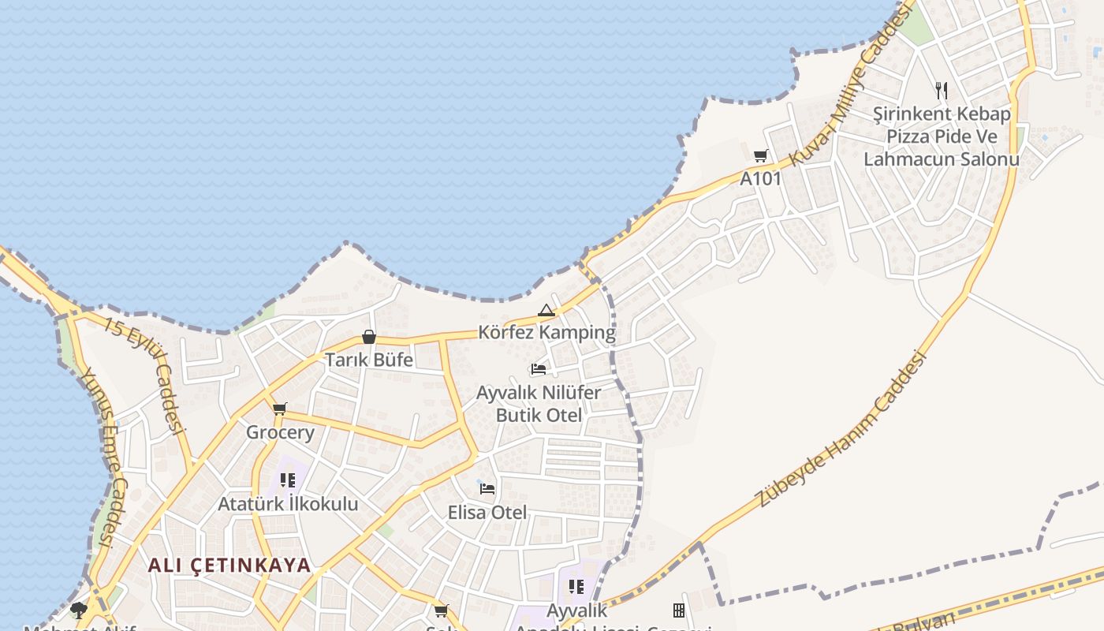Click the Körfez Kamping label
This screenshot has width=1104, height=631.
546,332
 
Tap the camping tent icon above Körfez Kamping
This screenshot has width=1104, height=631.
546,311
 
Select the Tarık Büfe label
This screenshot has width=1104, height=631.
369,360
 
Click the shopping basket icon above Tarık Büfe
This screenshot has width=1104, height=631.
368,337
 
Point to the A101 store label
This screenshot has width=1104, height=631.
760,179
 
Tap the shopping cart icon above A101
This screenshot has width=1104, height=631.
760,155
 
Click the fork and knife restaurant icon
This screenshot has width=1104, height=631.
941,90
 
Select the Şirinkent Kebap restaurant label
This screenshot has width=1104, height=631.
942,136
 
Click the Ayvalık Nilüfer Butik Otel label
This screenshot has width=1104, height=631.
539,404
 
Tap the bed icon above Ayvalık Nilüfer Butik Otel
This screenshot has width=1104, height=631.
539,368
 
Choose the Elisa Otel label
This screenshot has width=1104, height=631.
487,512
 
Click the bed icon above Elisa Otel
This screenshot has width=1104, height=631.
487,489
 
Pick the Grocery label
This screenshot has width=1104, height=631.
280,432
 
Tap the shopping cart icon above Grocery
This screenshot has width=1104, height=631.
279,409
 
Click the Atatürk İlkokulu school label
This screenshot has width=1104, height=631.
288,504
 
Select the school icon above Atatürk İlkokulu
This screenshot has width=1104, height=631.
288,480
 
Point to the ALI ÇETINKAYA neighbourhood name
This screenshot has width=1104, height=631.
229,566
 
